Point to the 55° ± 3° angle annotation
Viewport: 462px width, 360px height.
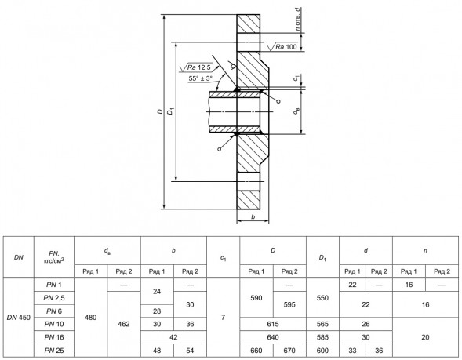point(200,78)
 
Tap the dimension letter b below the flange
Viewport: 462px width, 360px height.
point(253,216)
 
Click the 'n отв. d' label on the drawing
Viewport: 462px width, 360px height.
point(298,19)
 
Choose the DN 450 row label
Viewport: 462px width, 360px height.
point(19,318)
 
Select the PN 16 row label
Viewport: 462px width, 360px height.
point(54,337)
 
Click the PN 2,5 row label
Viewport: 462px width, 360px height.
point(54,298)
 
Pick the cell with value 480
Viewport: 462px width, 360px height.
point(90,318)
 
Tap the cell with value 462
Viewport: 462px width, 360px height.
point(123,324)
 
